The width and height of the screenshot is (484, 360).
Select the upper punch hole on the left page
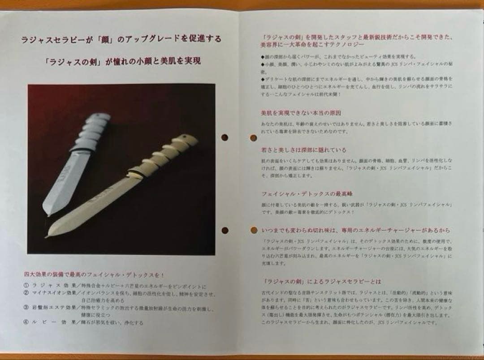click(x=225, y=137)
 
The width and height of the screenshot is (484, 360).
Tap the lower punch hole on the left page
click(x=225, y=230)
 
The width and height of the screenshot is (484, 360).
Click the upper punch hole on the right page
click(x=253, y=137)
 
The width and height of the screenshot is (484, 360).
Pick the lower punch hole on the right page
click(x=254, y=230)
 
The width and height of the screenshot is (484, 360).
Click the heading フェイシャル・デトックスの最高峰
click(x=307, y=194)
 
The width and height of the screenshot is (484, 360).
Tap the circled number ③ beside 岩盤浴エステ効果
click(x=26, y=308)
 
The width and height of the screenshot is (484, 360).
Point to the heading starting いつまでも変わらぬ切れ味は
click(x=356, y=230)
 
